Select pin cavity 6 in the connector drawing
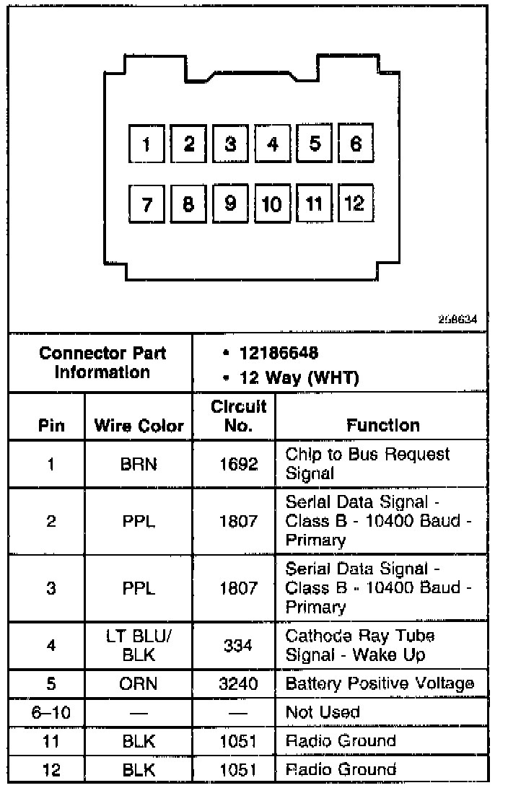pyautogui.click(x=356, y=144)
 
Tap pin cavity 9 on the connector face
pyautogui.click(x=231, y=203)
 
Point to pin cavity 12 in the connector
pyautogui.click(x=355, y=203)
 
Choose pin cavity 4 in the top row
pyautogui.click(x=273, y=144)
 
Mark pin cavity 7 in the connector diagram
pyautogui.click(x=147, y=205)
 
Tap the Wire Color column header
pyautogui.click(x=139, y=426)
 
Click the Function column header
pyautogui.click(x=382, y=425)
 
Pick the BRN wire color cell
pyautogui.click(x=139, y=464)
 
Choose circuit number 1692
pyautogui.click(x=237, y=464)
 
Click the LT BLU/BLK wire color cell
pyautogui.click(x=139, y=645)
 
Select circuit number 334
pyautogui.click(x=237, y=645)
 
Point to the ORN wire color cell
pyautogui.click(x=139, y=683)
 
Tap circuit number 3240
pyautogui.click(x=237, y=683)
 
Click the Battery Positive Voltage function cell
pyautogui.click(x=380, y=683)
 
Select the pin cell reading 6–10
pyautogui.click(x=51, y=712)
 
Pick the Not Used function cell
pyautogui.click(x=322, y=712)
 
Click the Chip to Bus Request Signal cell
pyautogui.click(x=367, y=464)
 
